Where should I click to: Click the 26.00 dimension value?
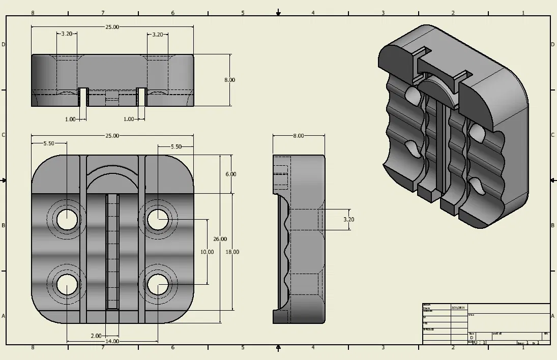220,239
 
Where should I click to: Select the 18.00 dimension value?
232,252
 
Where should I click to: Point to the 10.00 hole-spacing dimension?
207,252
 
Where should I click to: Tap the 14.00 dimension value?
112,341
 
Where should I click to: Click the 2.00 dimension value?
96,336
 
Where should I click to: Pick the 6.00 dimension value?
230,174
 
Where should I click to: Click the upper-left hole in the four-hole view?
67,219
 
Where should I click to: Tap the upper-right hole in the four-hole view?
158,219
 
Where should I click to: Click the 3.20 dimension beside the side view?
349,220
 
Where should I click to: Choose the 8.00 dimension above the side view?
299,136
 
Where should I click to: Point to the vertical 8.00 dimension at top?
229,80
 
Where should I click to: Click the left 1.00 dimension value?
70,119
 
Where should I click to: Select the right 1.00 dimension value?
129,119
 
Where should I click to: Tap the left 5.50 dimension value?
49,144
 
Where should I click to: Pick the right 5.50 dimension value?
175,146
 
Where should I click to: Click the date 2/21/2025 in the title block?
458,308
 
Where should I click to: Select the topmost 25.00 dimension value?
112,27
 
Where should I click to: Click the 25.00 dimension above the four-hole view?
112,136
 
